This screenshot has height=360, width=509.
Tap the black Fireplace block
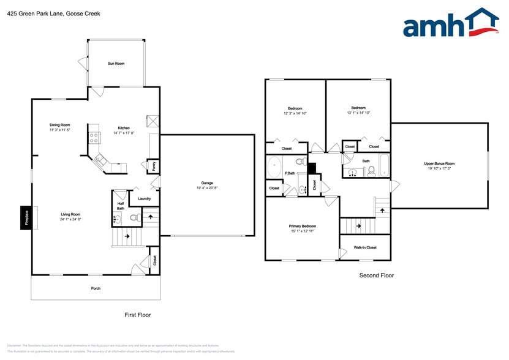26,219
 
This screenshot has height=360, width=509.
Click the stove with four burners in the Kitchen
94,137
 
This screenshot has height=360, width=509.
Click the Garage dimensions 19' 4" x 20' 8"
208,188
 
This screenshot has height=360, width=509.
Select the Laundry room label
145,198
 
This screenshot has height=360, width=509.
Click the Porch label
96,288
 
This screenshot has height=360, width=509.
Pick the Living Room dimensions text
71,219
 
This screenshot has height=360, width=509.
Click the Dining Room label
60,125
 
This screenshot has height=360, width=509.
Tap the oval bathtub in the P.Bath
274,167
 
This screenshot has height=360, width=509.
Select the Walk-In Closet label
365,247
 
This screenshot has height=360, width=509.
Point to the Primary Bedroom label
303,226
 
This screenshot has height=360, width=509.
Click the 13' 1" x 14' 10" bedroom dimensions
358,113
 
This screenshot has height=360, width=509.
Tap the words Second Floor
377,276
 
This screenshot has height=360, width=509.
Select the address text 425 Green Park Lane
36,13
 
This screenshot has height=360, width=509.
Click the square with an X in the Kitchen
153,121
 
